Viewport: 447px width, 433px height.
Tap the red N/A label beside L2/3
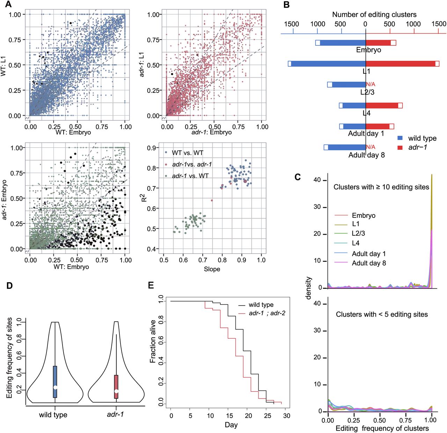[371, 84]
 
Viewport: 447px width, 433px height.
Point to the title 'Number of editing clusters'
[374, 14]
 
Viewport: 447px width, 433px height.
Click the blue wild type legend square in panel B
[400, 138]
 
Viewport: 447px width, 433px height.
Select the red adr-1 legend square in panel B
[400, 147]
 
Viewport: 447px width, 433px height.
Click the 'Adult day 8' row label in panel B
[366, 155]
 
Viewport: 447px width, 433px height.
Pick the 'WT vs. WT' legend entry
[187, 153]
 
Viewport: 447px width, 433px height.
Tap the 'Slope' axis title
[212, 269]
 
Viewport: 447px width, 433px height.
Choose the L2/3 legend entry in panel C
[358, 233]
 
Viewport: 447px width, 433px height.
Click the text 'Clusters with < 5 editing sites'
[382, 314]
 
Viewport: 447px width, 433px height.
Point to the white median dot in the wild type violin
[55, 387]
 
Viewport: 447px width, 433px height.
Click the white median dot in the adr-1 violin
[116, 391]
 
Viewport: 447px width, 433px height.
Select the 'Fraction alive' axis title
[153, 341]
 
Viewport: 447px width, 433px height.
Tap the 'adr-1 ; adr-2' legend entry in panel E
[267, 313]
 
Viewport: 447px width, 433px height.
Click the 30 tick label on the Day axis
[286, 416]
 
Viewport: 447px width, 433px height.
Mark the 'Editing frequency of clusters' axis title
[382, 428]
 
